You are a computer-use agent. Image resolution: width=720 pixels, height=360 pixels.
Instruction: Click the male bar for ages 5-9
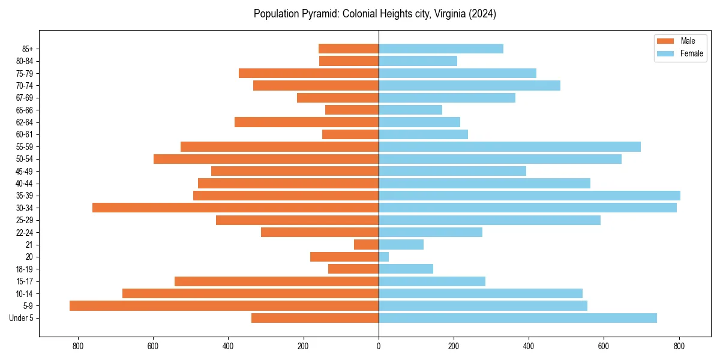(x=224, y=305)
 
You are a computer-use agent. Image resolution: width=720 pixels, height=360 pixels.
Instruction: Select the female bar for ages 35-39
(x=529, y=196)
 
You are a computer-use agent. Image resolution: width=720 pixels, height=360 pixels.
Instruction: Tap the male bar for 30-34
(x=235, y=208)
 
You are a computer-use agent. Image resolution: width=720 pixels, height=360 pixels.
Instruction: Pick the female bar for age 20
(x=383, y=257)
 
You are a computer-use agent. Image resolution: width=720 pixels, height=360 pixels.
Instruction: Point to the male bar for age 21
(x=366, y=244)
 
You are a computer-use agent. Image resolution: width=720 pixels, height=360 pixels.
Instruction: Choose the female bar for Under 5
(x=517, y=318)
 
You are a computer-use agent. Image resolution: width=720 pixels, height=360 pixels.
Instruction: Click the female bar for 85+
(x=440, y=49)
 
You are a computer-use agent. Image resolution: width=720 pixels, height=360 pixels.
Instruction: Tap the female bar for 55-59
(x=509, y=146)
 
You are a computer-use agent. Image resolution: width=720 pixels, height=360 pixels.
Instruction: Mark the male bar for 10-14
(x=250, y=293)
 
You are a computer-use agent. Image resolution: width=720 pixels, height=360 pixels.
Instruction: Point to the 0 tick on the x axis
(x=379, y=346)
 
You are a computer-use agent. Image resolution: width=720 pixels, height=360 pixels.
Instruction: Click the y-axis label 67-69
(x=25, y=98)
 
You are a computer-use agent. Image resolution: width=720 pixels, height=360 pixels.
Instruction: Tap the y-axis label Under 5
(x=22, y=318)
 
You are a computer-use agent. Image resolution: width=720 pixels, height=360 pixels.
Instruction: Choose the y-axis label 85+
(x=28, y=49)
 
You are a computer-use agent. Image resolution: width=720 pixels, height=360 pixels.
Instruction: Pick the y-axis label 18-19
(x=25, y=269)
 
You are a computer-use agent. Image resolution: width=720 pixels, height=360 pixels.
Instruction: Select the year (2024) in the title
(x=483, y=14)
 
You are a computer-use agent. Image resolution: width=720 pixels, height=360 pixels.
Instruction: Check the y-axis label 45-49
(x=25, y=171)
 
